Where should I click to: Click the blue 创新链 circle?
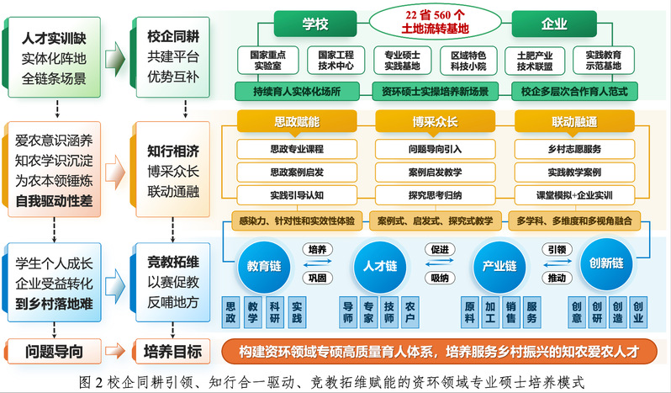(x=606, y=263)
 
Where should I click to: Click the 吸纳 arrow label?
(x=439, y=278)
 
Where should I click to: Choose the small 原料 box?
(x=470, y=312)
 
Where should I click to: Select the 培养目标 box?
(x=172, y=349)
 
